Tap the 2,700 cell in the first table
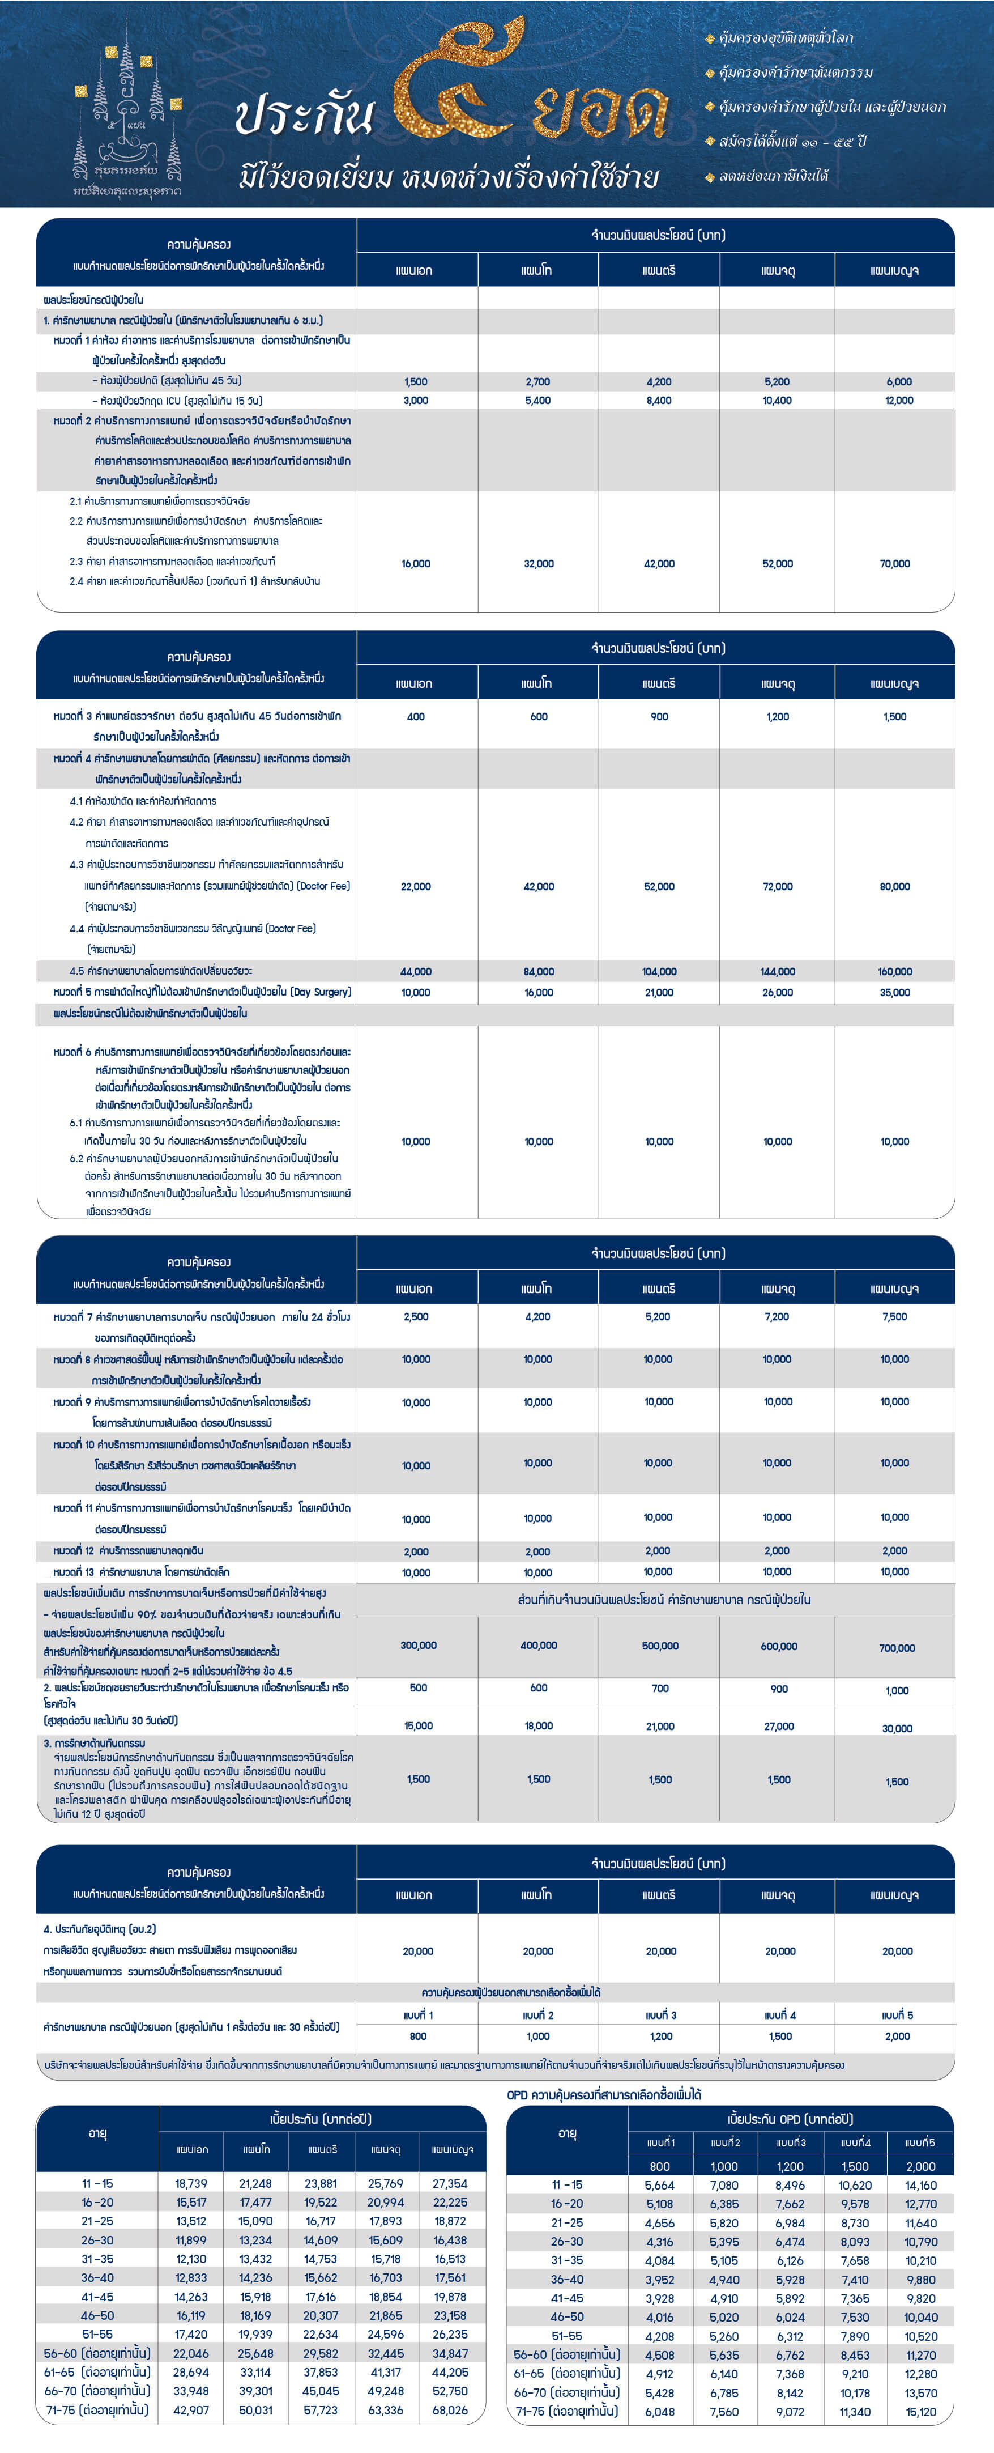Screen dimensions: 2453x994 pos(538,381)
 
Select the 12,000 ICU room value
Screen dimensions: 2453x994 pos(899,401)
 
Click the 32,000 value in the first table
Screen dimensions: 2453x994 pos(538,564)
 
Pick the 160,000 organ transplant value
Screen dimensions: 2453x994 pos(895,971)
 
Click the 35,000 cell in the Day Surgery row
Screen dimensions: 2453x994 pos(895,992)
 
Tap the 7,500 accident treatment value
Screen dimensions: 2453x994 pos(895,1317)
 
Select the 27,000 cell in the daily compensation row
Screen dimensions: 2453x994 pos(779,1725)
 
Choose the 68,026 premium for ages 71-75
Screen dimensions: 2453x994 pos(450,2410)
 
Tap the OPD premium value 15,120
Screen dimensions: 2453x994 pos(921,2412)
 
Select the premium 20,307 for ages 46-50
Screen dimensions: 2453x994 pos(321,2316)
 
